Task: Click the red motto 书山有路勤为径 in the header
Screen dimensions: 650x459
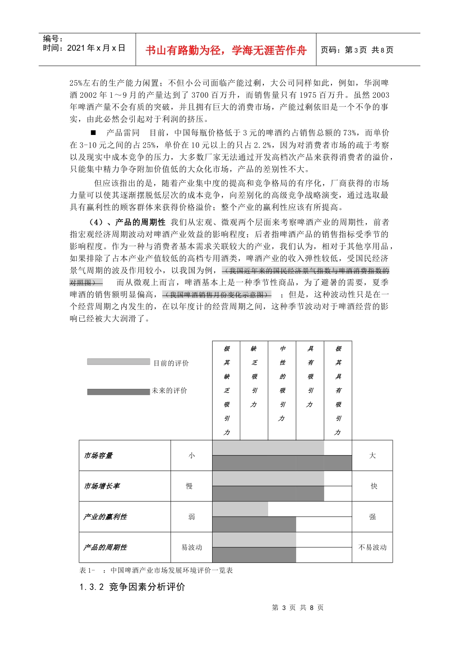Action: pyautogui.click(x=226, y=50)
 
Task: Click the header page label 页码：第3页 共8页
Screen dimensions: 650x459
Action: pyautogui.click(x=357, y=50)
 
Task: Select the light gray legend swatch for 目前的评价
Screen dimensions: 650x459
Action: pyautogui.click(x=118, y=362)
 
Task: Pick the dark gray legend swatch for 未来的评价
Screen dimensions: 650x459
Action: pyautogui.click(x=118, y=392)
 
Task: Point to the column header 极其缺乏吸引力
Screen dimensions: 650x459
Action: pyautogui.click(x=226, y=390)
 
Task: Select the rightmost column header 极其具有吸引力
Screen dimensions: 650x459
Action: pyautogui.click(x=338, y=390)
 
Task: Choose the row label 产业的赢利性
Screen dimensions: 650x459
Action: pyautogui.click(x=105, y=517)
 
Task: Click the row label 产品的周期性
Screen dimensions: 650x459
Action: pyautogui.click(x=105, y=547)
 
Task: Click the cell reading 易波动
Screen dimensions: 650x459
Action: pyautogui.click(x=191, y=547)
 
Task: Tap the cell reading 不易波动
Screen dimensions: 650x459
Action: pyautogui.click(x=372, y=547)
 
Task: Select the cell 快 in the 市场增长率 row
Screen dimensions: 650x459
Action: pyautogui.click(x=373, y=486)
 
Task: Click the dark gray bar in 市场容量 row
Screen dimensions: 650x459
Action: pyautogui.click(x=282, y=463)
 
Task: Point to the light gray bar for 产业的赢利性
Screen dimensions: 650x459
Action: pyautogui.click(x=240, y=509)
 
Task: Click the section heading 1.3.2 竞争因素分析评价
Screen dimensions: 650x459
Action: pyautogui.click(x=132, y=587)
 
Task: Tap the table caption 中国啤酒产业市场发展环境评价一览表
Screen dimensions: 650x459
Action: pyautogui.click(x=172, y=571)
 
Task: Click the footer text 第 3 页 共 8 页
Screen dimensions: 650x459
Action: pyautogui.click(x=298, y=608)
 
